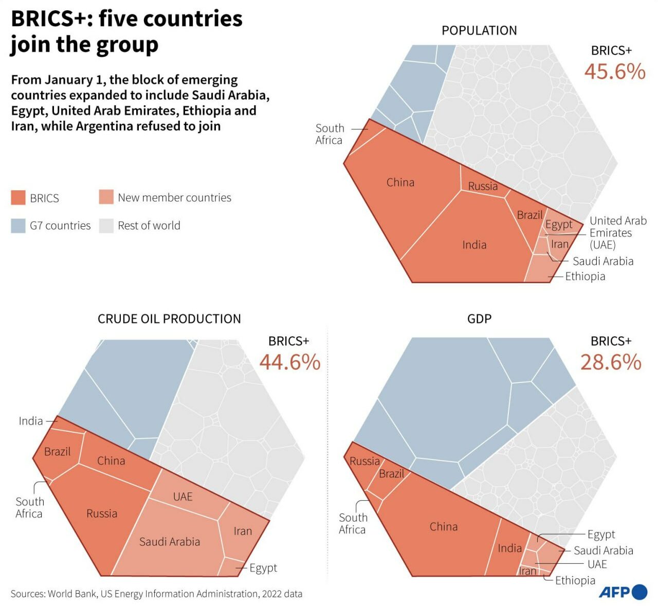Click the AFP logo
click(x=623, y=592)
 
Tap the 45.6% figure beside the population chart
click(x=614, y=71)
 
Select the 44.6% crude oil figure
click(x=289, y=362)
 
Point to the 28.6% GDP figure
click(x=611, y=362)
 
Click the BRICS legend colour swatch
click(x=18, y=198)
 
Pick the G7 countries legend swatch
click(x=18, y=226)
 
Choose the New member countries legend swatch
click(x=106, y=197)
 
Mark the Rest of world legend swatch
click(x=106, y=226)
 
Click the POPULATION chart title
click(x=479, y=31)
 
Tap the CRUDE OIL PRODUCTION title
click(x=169, y=319)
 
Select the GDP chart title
click(x=479, y=319)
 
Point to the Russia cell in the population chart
click(x=483, y=186)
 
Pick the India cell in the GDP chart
click(x=509, y=548)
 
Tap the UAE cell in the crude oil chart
click(x=183, y=497)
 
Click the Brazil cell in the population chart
click(x=529, y=215)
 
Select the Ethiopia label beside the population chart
click(x=585, y=277)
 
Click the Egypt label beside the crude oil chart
click(x=263, y=568)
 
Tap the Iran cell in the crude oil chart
click(x=243, y=531)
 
